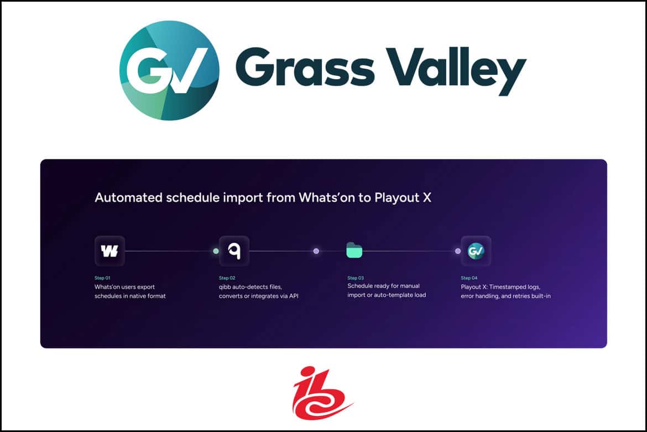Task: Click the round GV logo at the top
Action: (169, 71)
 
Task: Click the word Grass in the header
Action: (305, 66)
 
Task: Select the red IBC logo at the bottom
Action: (322, 393)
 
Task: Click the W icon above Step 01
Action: (109, 251)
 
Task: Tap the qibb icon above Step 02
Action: (234, 251)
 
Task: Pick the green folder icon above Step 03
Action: (354, 250)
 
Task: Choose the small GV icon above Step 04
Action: (476, 251)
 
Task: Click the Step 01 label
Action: (102, 278)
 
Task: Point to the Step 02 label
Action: (227, 278)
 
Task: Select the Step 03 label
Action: (356, 278)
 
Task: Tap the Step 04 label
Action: (469, 278)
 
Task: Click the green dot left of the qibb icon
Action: (216, 251)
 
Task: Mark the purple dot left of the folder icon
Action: (316, 251)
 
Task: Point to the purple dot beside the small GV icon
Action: (458, 251)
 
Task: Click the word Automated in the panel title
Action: (129, 198)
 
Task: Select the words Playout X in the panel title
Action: (403, 198)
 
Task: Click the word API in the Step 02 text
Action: (294, 296)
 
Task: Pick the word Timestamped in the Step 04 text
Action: (514, 287)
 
